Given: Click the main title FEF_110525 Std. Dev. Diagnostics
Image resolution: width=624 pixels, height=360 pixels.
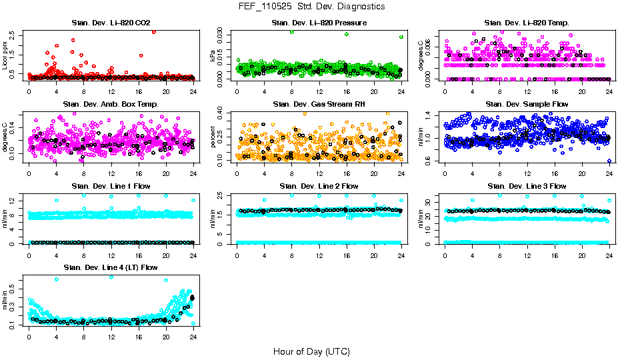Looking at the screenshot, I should tap(311, 6).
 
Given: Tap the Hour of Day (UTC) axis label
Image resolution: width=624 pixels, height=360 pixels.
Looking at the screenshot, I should tap(311, 351).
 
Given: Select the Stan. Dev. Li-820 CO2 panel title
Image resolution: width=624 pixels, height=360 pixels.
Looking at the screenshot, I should tap(111, 23).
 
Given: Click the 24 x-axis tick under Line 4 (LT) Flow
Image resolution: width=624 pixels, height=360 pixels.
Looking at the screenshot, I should tap(193, 336).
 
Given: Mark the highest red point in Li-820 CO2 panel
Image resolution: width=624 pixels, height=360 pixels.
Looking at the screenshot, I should tap(154, 31).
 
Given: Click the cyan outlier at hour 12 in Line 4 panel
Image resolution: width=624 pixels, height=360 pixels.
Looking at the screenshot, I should tap(111, 277).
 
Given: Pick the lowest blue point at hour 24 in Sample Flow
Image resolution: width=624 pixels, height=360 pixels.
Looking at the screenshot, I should tap(609, 161).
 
